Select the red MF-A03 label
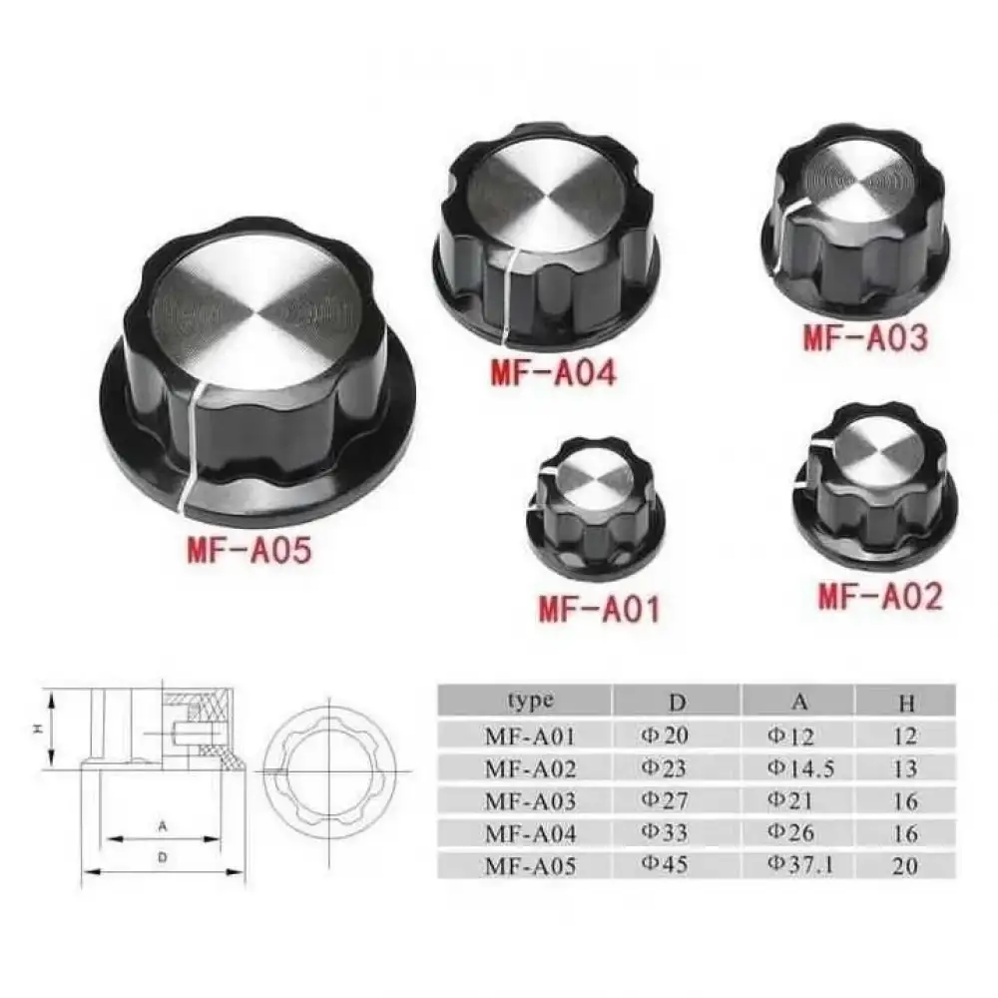(865, 336)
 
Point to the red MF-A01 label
(599, 608)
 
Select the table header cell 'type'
(528, 701)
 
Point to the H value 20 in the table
(905, 865)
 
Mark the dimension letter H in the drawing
(36, 730)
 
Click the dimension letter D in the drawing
(162, 857)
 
